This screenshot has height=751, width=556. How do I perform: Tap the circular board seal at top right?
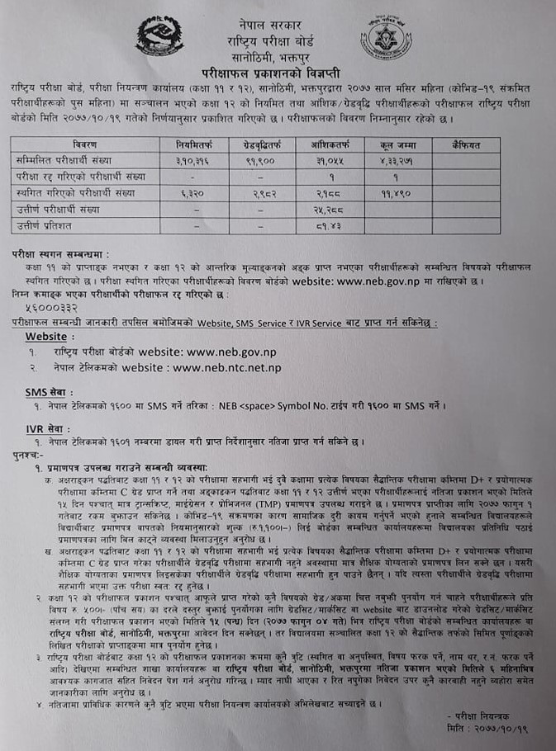click(385, 37)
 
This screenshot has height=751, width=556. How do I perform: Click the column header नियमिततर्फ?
click(193, 144)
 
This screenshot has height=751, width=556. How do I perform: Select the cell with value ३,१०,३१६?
click(193, 160)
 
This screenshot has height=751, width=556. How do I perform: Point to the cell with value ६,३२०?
click(193, 191)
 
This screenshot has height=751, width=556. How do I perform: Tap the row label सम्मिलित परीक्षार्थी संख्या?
click(63, 160)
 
